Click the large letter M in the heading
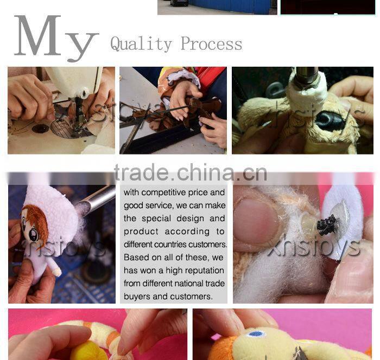coord(38,35)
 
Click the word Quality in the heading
coord(141,44)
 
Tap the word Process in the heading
coord(211,43)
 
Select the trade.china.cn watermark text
coord(191,172)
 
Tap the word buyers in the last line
coord(137,297)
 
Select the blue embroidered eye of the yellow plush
coord(256,334)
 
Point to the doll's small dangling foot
coord(57,271)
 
